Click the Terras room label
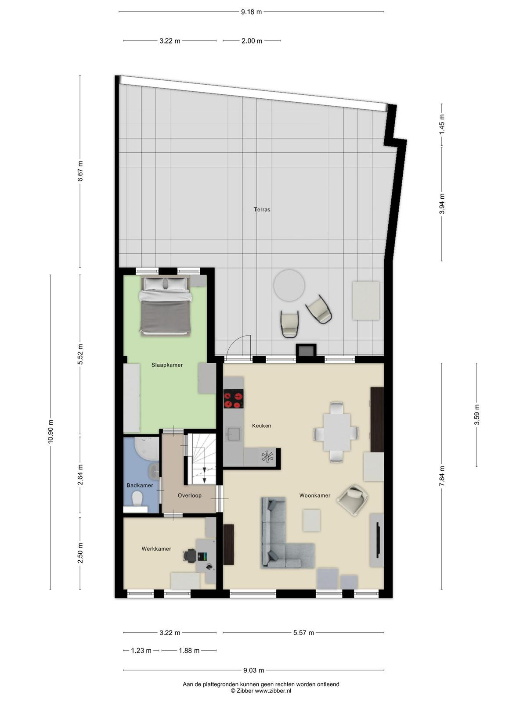[x=262, y=209]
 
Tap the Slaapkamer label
[x=167, y=365]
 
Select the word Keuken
[x=261, y=426]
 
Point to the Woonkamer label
[x=314, y=495]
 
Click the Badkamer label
[x=140, y=486]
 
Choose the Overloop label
[x=189, y=496]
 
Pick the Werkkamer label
[x=156, y=549]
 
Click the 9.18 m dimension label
[x=251, y=12]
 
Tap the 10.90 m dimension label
[x=50, y=431]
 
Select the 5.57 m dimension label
[x=303, y=633]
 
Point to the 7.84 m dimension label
[x=442, y=476]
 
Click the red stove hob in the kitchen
[x=233, y=398]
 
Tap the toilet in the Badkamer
[x=137, y=498]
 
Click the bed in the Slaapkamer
[x=166, y=306]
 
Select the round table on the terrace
[x=289, y=285]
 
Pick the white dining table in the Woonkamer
[x=336, y=432]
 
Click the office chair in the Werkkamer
[x=191, y=555]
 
